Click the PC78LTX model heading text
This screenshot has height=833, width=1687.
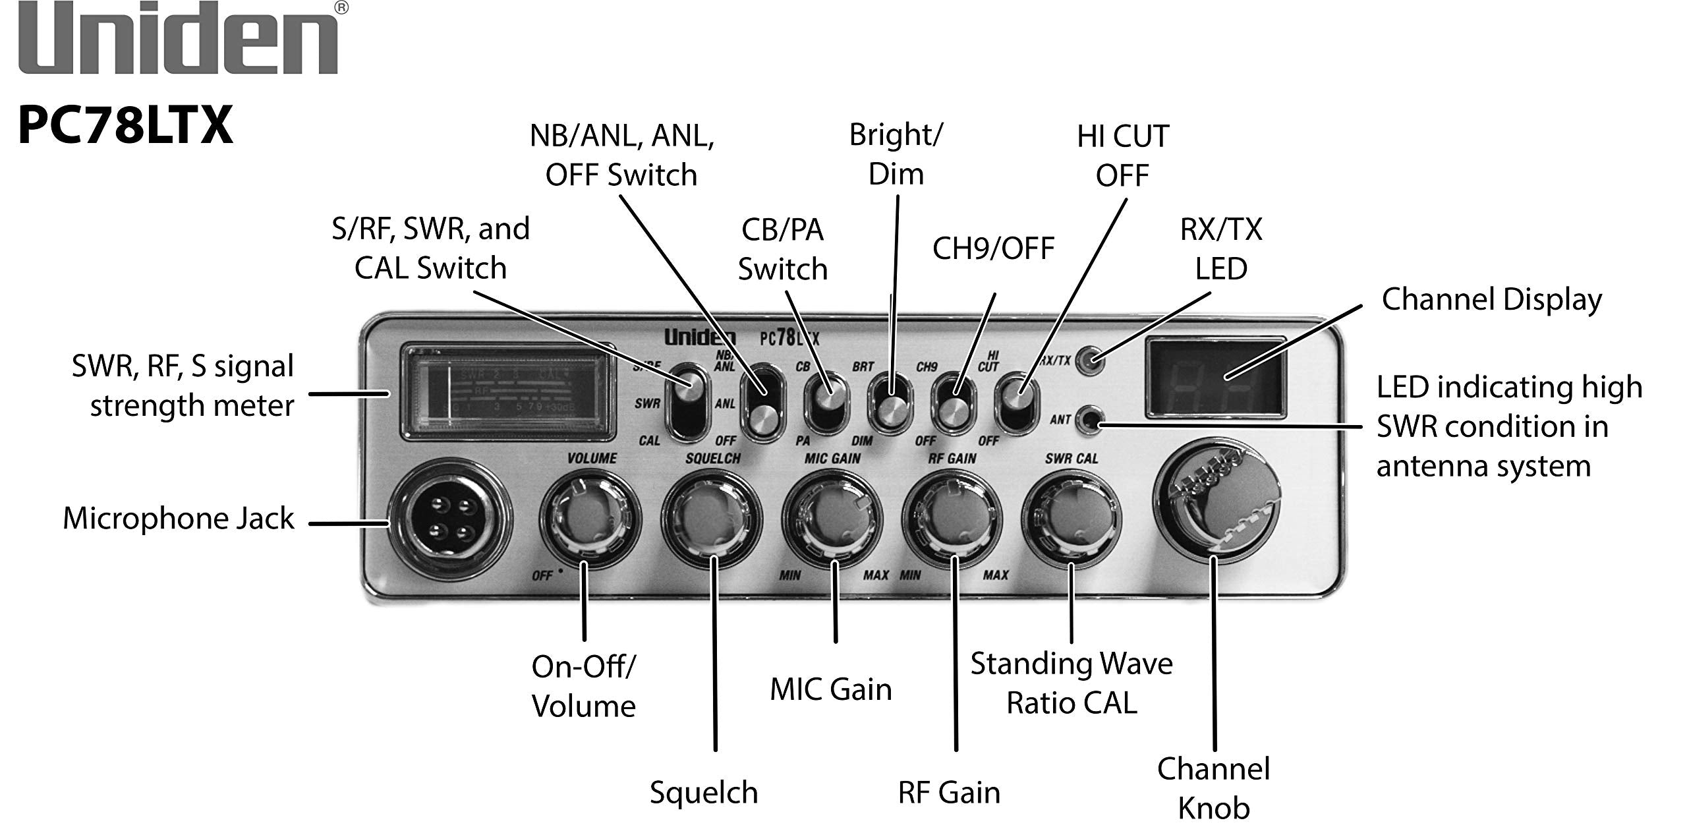[125, 125]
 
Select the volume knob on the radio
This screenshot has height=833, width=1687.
[590, 521]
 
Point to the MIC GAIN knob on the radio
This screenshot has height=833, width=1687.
[832, 521]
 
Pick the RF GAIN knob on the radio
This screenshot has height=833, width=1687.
[952, 521]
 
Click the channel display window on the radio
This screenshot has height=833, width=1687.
[1216, 378]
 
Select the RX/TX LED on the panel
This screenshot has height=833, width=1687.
[1091, 360]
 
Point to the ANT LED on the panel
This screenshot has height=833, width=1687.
[1091, 420]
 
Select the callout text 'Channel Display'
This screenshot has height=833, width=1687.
[1491, 300]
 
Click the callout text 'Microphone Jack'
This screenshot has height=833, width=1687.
[178, 519]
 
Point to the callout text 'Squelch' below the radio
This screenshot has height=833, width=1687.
[704, 793]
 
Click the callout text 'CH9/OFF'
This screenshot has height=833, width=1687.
[993, 249]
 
